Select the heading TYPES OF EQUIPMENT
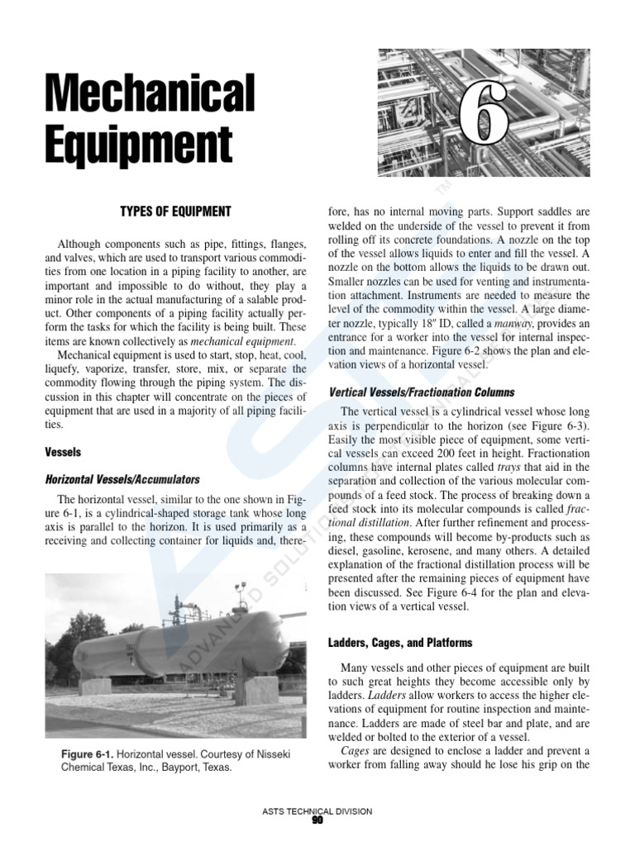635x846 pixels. tap(175, 212)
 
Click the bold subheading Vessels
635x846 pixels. tap(63, 453)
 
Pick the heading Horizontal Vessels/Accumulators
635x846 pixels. tap(122, 479)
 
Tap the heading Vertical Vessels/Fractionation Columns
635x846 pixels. tap(422, 392)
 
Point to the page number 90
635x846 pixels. tap(317, 820)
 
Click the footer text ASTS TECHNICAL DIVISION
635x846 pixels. tap(317, 810)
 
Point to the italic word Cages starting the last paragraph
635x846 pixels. tap(356, 750)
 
